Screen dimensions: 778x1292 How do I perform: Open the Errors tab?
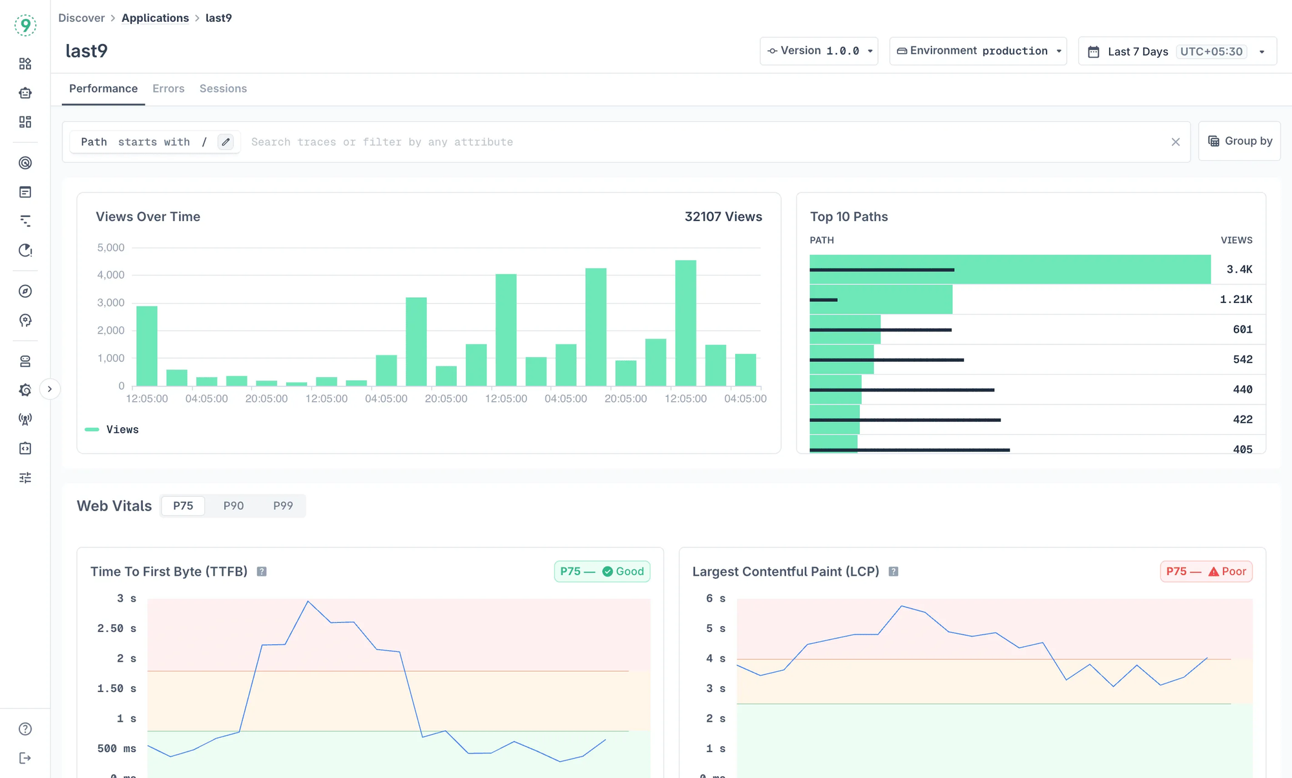coord(168,89)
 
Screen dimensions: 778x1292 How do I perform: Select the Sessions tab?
coord(223,89)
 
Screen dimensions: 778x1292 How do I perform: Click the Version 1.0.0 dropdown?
coord(818,51)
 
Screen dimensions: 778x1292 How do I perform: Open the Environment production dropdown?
coord(977,51)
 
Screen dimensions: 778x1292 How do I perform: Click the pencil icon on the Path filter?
coord(225,142)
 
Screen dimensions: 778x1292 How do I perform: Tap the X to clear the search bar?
coord(1175,142)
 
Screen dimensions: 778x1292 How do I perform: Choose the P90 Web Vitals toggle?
coord(233,506)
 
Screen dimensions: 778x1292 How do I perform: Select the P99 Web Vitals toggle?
coord(283,506)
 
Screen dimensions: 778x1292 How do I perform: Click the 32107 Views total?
coord(723,217)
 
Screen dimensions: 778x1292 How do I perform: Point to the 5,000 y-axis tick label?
coord(110,247)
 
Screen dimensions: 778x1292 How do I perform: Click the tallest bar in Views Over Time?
coord(685,323)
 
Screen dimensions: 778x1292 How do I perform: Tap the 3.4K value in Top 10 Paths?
coord(1238,269)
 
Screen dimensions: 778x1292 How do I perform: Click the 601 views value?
coord(1242,330)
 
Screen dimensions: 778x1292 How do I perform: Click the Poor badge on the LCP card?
coord(1206,572)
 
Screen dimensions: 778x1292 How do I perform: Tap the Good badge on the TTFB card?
coord(602,572)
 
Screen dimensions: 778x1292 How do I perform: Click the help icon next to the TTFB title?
coord(262,572)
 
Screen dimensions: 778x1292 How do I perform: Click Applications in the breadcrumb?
coord(155,18)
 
